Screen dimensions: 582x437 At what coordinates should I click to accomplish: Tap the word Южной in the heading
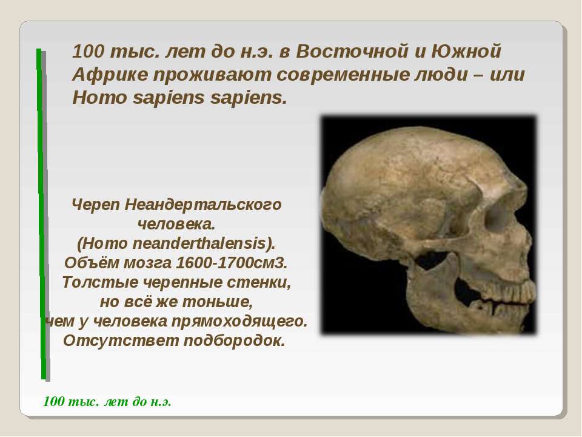466,51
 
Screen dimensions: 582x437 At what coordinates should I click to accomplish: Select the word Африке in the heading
110,75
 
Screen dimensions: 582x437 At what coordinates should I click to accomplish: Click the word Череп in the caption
95,205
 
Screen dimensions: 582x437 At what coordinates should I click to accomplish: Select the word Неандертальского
203,205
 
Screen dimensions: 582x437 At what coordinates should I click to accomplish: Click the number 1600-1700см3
232,263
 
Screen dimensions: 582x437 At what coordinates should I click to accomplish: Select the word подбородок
234,340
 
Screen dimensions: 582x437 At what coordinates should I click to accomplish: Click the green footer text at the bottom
107,402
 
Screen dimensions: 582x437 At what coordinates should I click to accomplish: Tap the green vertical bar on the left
41,214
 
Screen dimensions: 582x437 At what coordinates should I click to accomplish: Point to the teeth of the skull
505,294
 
